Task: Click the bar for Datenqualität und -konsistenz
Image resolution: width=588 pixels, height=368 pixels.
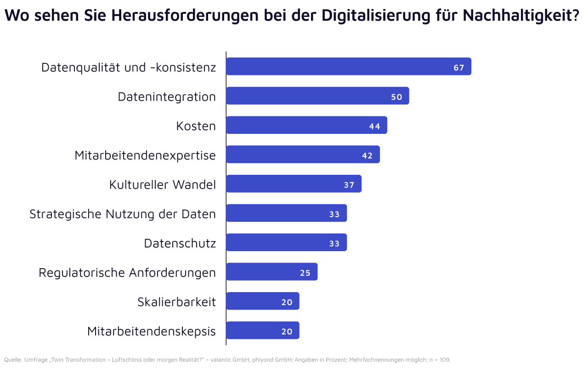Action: pos(349,67)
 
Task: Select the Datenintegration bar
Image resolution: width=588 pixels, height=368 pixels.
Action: pos(317,96)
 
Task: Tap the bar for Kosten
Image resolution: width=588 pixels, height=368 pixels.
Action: pos(306,125)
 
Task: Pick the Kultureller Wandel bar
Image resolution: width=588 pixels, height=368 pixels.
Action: pos(294,184)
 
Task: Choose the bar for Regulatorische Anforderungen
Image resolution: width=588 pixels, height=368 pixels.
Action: pos(271,272)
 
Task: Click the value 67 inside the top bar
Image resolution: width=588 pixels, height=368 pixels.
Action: pos(459,68)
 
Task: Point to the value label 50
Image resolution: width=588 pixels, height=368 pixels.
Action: pos(396,97)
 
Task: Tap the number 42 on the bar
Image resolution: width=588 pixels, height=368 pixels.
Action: pos(367,156)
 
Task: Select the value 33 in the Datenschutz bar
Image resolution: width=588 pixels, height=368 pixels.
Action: pos(334,244)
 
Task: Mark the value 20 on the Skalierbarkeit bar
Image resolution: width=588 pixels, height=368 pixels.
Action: pos(287,302)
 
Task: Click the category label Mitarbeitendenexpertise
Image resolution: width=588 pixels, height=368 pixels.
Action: pos(145,155)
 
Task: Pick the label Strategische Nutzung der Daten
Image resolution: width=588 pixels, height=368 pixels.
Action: pos(123,214)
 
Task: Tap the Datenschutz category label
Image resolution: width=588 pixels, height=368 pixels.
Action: pos(180,243)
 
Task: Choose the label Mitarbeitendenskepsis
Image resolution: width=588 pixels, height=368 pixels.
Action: pos(152,331)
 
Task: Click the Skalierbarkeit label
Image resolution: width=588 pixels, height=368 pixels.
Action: pos(176,302)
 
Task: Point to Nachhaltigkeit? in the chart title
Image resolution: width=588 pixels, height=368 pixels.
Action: pos(521,15)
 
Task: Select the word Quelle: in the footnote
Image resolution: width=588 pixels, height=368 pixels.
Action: pos(13,359)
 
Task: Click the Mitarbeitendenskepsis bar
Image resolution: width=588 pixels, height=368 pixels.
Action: pos(262,330)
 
